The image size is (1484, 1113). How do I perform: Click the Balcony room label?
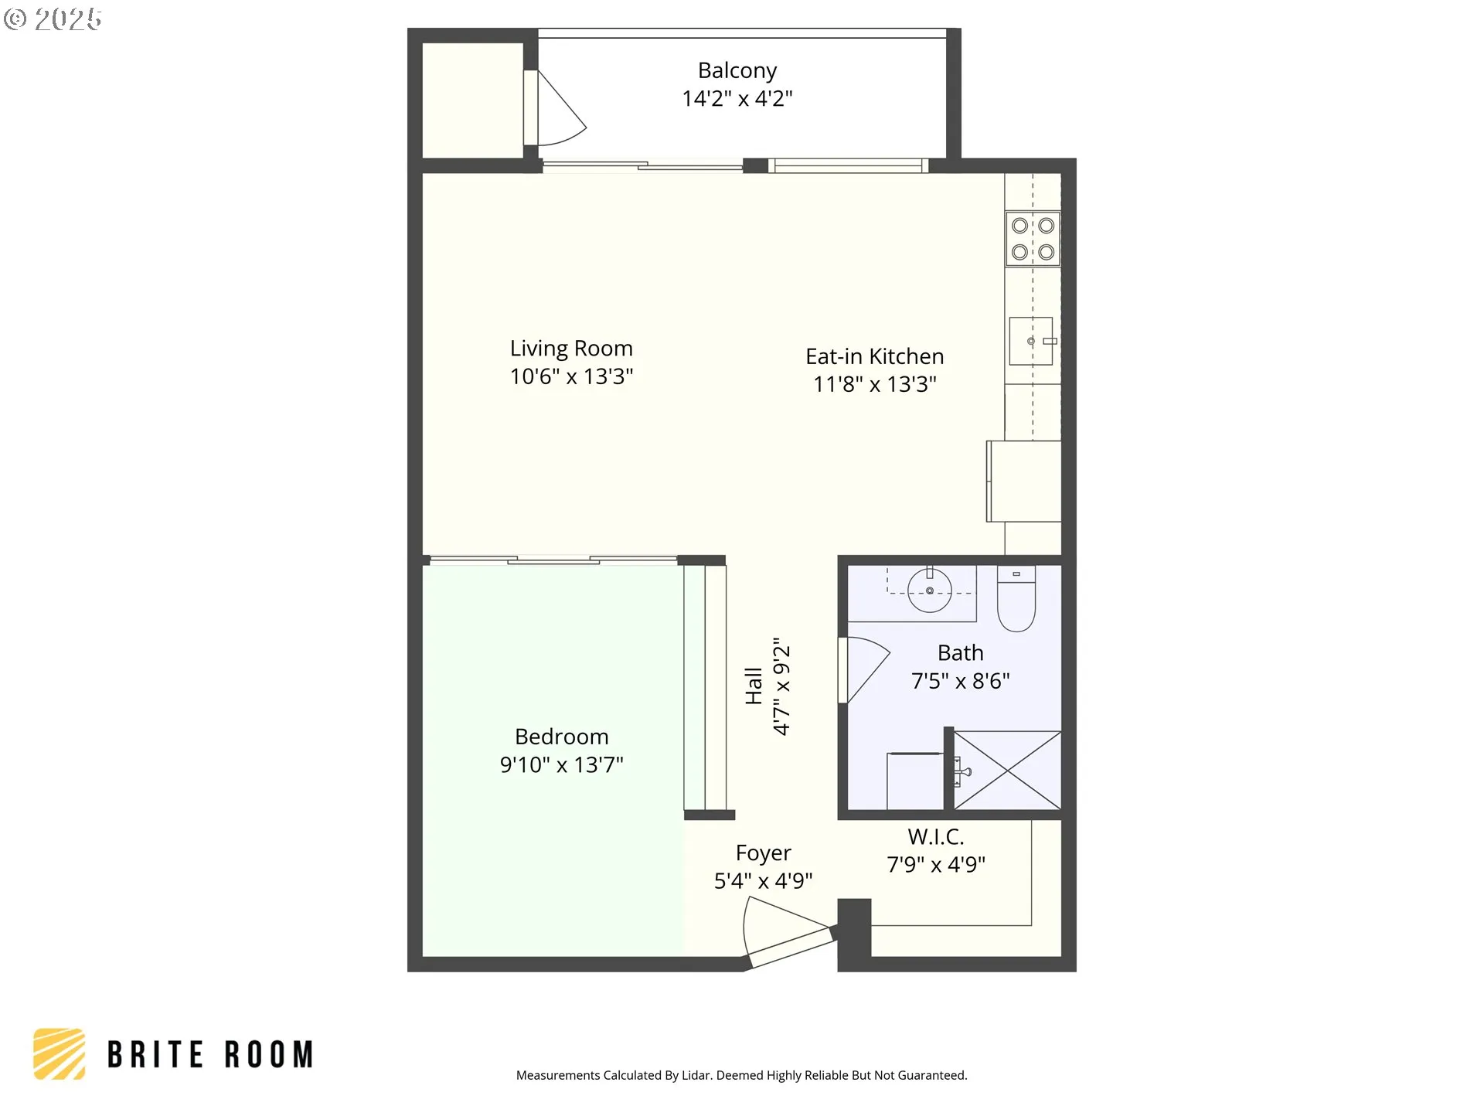pyautogui.click(x=737, y=70)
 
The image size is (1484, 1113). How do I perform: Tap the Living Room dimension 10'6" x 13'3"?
pyautogui.click(x=571, y=376)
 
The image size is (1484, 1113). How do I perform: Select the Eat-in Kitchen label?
pyautogui.click(x=875, y=356)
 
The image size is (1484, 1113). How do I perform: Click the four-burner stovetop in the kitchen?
pyautogui.click(x=1033, y=239)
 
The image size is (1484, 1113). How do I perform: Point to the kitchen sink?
pyautogui.click(x=1031, y=341)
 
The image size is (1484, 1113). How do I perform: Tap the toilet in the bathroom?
pyautogui.click(x=1016, y=598)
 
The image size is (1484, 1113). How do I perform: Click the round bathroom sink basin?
pyautogui.click(x=929, y=590)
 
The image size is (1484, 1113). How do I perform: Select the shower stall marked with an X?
pyautogui.click(x=1007, y=771)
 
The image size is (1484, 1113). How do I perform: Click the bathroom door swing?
pyautogui.click(x=865, y=669)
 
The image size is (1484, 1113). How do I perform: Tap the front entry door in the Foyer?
pyautogui.click(x=787, y=934)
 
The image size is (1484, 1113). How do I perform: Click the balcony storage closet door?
pyautogui.click(x=556, y=108)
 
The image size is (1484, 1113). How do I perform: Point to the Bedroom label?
pyautogui.click(x=562, y=737)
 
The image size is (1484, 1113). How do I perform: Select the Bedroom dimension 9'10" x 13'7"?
pyautogui.click(x=562, y=764)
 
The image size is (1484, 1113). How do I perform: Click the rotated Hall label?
pyautogui.click(x=754, y=686)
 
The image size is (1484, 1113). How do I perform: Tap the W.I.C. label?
pyautogui.click(x=936, y=836)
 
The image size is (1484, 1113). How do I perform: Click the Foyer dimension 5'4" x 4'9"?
pyautogui.click(x=764, y=881)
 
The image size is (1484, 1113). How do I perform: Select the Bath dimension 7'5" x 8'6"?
pyautogui.click(x=961, y=681)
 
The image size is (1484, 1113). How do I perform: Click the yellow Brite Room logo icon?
pyautogui.click(x=60, y=1053)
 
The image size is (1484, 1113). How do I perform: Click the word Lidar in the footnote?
pyautogui.click(x=696, y=1075)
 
